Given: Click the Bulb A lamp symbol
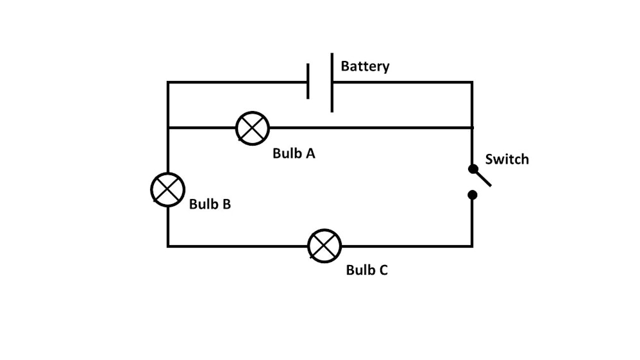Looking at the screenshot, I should [x=253, y=128].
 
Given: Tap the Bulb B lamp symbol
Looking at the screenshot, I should [x=167, y=189].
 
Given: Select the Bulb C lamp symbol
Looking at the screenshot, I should [x=324, y=245].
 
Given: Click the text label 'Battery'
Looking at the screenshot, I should [x=365, y=67].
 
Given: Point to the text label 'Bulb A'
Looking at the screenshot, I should [x=294, y=154].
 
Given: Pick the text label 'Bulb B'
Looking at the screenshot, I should [x=210, y=205].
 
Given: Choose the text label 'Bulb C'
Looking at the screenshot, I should [x=367, y=270].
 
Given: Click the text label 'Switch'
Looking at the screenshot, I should [x=507, y=160].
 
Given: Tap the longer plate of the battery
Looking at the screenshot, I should [x=332, y=82].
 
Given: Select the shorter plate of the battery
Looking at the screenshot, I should [x=308, y=81].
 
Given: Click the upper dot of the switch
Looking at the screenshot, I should [x=473, y=169].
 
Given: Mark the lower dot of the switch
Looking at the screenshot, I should [x=473, y=194].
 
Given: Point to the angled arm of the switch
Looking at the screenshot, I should [x=482, y=178].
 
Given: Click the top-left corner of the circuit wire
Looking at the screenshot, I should [x=168, y=82].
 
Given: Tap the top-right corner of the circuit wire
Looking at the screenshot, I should [x=472, y=82].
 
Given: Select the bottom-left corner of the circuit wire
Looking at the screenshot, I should [x=168, y=245].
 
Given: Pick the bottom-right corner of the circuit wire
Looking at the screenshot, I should [x=472, y=245].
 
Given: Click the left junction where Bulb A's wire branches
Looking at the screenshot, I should [x=168, y=128].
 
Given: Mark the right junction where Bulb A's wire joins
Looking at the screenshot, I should [x=472, y=128].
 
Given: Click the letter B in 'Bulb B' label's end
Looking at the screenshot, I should [x=226, y=205].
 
